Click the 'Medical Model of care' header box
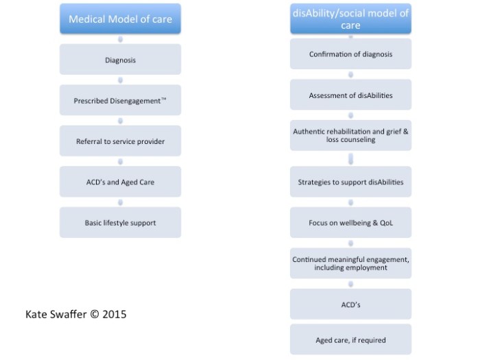click(x=120, y=19)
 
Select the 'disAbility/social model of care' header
click(x=350, y=19)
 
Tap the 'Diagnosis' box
click(x=120, y=60)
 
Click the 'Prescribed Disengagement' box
click(x=120, y=100)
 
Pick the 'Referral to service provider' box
click(x=120, y=141)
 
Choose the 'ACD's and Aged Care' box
click(x=120, y=182)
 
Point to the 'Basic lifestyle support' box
click(x=120, y=222)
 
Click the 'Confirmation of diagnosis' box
click(x=350, y=54)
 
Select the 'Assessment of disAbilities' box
click(x=350, y=95)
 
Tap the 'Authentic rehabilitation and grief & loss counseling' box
click(x=350, y=135)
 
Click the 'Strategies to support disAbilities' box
click(x=350, y=182)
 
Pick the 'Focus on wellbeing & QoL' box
click(x=350, y=222)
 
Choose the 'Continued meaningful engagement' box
click(x=350, y=263)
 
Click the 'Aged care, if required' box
click(x=350, y=339)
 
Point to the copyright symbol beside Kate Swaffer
click(x=95, y=314)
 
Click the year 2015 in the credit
click(x=115, y=314)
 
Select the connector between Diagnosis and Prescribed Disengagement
click(x=120, y=80)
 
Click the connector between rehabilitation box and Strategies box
click(x=350, y=159)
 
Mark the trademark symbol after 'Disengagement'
click(x=164, y=99)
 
